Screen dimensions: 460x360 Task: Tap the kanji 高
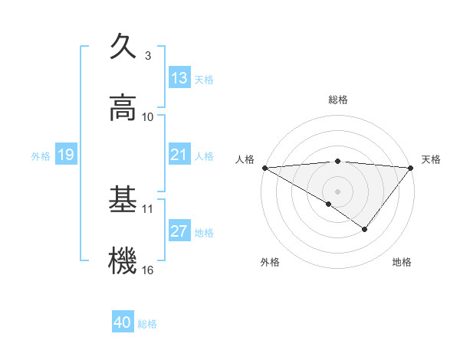pyautogui.click(x=123, y=108)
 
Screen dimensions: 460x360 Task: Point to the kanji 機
pyautogui.click(x=123, y=260)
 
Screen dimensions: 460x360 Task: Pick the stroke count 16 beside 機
pyautogui.click(x=148, y=270)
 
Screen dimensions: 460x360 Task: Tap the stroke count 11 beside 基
pyautogui.click(x=148, y=208)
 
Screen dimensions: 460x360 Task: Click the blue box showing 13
pyautogui.click(x=179, y=78)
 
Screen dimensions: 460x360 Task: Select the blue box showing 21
pyautogui.click(x=179, y=155)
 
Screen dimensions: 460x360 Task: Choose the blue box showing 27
pyautogui.click(x=179, y=231)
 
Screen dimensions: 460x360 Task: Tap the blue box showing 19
pyautogui.click(x=65, y=155)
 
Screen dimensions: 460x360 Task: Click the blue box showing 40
pyautogui.click(x=123, y=322)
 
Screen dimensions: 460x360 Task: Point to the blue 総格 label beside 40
pyautogui.click(x=148, y=324)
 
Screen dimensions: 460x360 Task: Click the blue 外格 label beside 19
pyautogui.click(x=41, y=155)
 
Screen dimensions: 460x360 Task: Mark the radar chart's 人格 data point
pyautogui.click(x=264, y=167)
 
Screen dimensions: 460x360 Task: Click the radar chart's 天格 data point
pyautogui.click(x=411, y=167)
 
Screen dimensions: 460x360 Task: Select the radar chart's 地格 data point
pyautogui.click(x=365, y=229)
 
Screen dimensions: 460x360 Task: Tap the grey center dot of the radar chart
pyautogui.click(x=337, y=191)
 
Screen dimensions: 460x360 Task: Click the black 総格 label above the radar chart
pyautogui.click(x=337, y=100)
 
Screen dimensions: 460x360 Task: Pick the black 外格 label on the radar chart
pyautogui.click(x=270, y=262)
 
